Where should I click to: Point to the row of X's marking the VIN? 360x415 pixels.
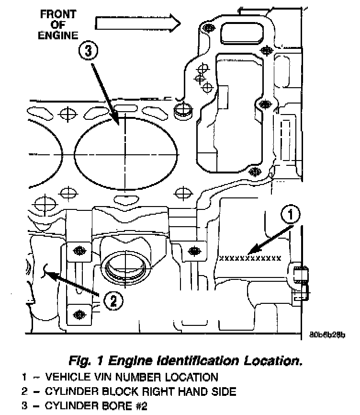coord(249,258)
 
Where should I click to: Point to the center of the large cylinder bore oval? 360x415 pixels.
coord(124,153)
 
